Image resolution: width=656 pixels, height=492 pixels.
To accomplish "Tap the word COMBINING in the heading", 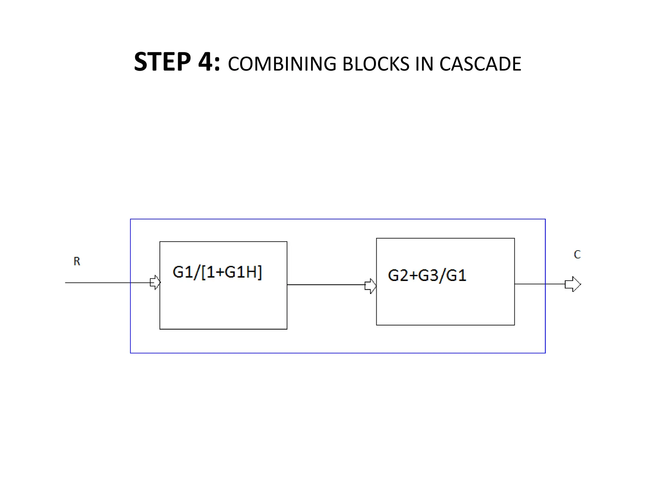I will tap(282, 64).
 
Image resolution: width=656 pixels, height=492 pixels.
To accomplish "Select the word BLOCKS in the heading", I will tap(376, 64).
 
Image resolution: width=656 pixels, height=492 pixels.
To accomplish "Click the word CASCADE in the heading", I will tap(480, 64).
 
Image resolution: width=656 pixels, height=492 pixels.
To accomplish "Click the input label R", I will tap(77, 261).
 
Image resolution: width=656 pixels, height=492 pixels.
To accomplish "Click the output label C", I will tap(577, 255).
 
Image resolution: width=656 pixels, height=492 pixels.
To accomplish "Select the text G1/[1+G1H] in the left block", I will tap(217, 272).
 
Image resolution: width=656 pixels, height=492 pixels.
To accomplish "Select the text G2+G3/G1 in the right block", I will tap(427, 275).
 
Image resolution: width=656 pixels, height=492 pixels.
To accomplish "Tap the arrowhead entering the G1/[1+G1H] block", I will tap(155, 283).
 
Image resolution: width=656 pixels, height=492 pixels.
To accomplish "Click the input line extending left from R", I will tap(96, 283).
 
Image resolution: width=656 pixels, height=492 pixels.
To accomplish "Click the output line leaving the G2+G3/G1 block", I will tap(538, 284).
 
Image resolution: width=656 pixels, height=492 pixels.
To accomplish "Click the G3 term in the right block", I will tap(428, 275).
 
